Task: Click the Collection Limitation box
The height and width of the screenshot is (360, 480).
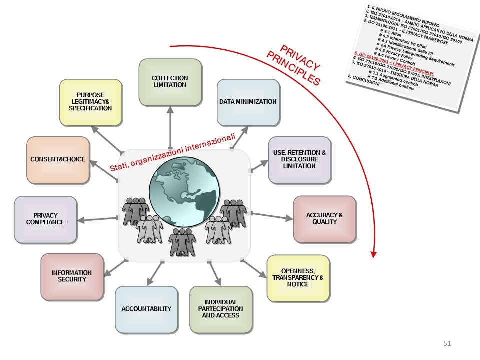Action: (170, 82)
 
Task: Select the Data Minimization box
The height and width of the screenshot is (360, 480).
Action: (248, 102)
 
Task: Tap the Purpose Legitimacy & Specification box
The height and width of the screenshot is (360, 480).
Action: (90, 102)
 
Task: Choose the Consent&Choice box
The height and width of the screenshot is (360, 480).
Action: (57, 159)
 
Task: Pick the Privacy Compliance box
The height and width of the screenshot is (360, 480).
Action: (45, 219)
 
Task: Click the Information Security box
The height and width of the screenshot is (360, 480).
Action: (72, 276)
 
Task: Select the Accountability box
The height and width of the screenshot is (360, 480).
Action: (146, 309)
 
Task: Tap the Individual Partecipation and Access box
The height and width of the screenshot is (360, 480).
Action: (221, 309)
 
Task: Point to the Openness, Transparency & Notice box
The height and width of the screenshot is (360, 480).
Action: (298, 278)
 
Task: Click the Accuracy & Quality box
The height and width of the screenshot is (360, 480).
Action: (324, 219)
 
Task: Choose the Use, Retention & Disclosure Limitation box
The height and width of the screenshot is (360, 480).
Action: (299, 159)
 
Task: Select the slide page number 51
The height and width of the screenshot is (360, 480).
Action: (447, 343)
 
